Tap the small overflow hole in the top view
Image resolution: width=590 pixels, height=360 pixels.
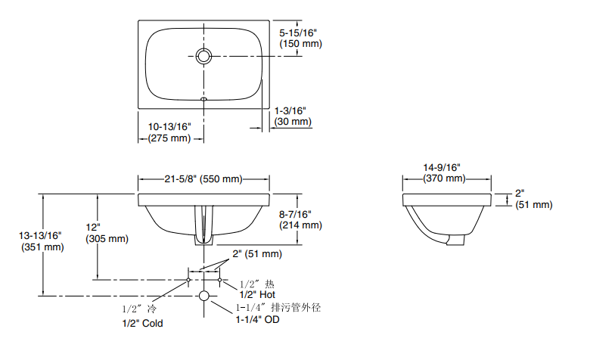(203, 98)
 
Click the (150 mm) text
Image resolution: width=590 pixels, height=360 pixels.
(300, 44)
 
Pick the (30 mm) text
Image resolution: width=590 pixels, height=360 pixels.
(293, 122)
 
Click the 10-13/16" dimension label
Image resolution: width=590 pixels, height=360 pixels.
(170, 126)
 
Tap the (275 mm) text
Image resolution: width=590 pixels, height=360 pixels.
(170, 138)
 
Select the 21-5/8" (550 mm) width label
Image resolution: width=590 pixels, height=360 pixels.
(203, 179)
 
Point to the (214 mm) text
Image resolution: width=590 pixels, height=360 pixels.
(300, 225)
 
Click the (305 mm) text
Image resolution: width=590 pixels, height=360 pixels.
(107, 238)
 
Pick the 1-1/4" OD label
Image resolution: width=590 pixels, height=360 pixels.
(256, 320)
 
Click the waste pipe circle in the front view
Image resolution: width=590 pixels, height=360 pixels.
(203, 296)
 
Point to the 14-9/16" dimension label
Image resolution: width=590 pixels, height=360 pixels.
(444, 166)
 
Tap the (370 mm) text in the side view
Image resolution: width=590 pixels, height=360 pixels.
(444, 178)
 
